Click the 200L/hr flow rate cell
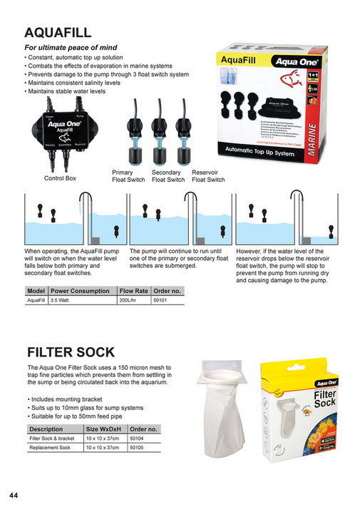click(x=129, y=302)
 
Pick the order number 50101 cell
click(x=161, y=302)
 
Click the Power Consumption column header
click(x=80, y=292)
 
